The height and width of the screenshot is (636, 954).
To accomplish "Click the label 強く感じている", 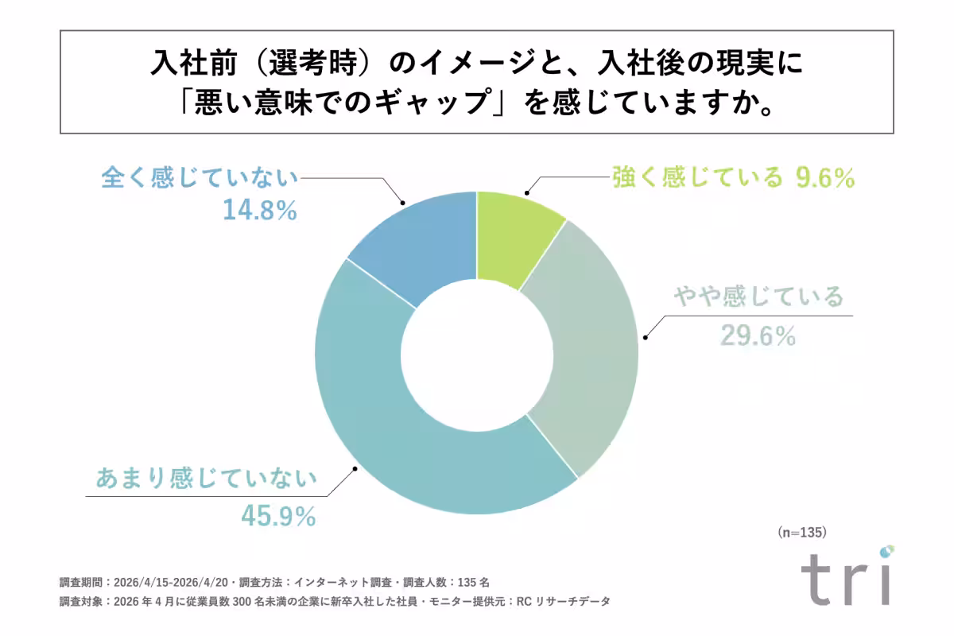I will [696, 177].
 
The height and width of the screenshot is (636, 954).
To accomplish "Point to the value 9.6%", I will [824, 178].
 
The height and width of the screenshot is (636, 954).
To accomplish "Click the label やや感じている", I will [758, 297].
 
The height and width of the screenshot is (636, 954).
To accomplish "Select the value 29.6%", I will [758, 336].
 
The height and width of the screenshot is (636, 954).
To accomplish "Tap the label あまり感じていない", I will [206, 479].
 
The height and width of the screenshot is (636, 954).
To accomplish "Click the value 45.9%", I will [278, 517].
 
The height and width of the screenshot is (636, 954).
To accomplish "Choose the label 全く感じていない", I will [200, 177].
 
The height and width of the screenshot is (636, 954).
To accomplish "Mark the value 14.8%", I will [258, 211].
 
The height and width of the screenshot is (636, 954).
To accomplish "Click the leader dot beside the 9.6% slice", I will [525, 192].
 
